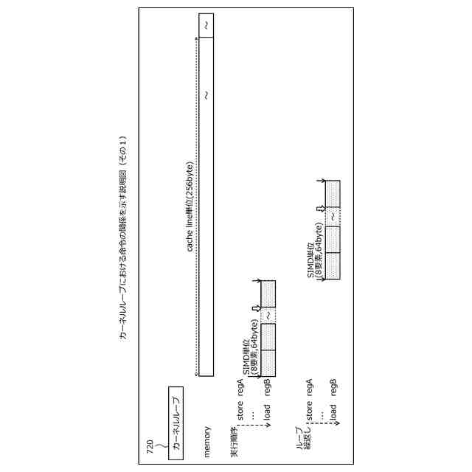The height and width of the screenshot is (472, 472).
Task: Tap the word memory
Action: [x=207, y=441]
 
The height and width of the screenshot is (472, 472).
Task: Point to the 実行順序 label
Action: [x=234, y=439]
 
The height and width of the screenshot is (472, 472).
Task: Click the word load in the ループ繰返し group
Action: [x=334, y=410]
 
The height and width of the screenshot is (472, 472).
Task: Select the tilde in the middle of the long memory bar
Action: [x=206, y=94]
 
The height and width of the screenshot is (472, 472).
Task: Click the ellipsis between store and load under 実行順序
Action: [x=252, y=414]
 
